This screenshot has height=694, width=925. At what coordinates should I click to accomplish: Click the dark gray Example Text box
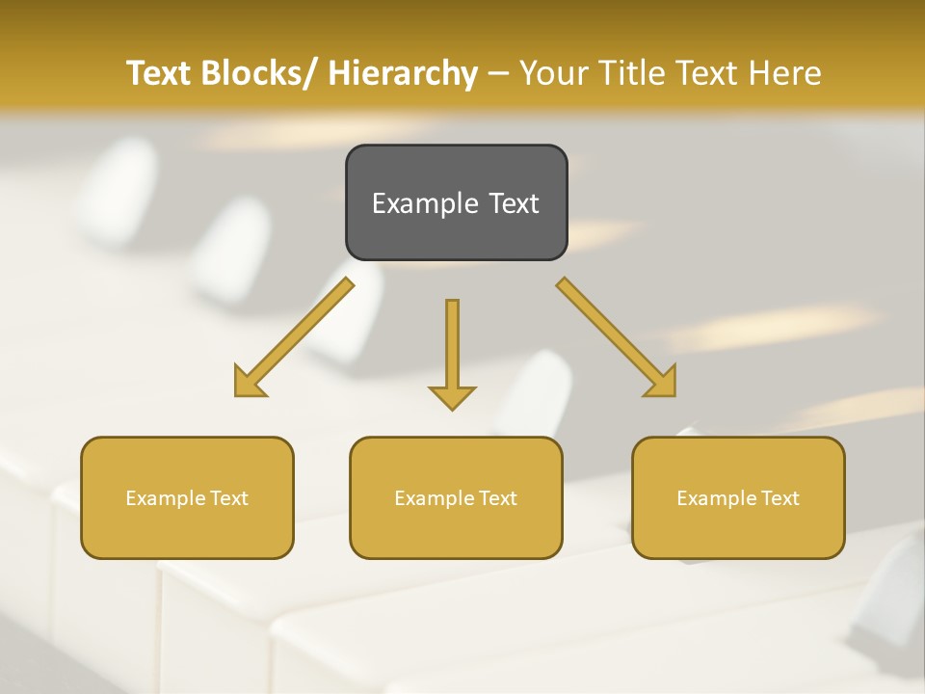(x=456, y=202)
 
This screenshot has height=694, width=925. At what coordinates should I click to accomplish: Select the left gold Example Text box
(x=187, y=497)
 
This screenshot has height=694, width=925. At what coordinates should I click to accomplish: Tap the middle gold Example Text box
(x=456, y=497)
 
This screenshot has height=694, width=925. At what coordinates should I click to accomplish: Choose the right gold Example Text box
(x=738, y=497)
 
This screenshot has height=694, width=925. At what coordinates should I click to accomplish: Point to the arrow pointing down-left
(x=294, y=337)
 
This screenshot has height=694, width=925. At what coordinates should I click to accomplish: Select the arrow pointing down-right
(x=617, y=337)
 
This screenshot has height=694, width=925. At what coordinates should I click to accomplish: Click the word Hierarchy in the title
(x=403, y=73)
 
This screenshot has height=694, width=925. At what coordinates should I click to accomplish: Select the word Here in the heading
(x=785, y=73)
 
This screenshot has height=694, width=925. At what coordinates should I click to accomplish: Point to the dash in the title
(x=498, y=73)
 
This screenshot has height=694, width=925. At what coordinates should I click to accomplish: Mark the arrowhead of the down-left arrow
(x=250, y=382)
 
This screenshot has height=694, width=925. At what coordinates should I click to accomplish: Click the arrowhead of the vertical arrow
(x=452, y=396)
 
